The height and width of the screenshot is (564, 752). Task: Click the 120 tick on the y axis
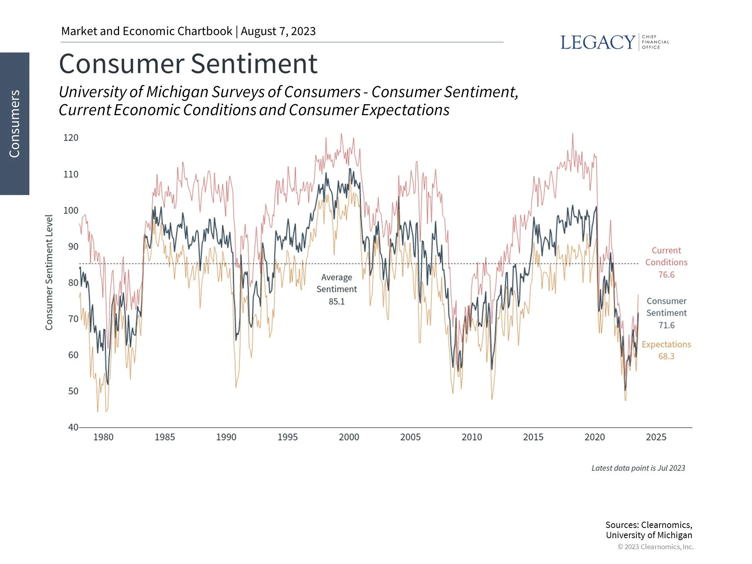click(x=71, y=138)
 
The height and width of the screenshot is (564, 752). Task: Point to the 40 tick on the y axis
click(x=73, y=427)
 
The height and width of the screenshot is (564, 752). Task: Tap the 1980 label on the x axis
click(x=103, y=437)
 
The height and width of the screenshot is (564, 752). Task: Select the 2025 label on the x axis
click(x=656, y=437)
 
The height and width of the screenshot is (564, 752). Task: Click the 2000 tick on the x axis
click(x=349, y=437)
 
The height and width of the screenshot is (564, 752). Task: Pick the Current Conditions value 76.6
click(x=666, y=275)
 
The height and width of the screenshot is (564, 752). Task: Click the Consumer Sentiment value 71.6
click(x=666, y=325)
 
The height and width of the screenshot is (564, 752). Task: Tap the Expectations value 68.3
click(x=666, y=356)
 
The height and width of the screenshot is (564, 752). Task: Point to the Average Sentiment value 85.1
click(x=336, y=302)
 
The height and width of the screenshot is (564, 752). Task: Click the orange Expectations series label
click(x=666, y=345)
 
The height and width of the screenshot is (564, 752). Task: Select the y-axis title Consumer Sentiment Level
click(x=49, y=272)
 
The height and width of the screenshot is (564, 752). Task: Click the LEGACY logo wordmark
click(x=597, y=42)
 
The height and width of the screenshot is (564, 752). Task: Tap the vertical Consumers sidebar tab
click(x=14, y=124)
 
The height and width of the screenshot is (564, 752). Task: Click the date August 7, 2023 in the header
click(x=278, y=31)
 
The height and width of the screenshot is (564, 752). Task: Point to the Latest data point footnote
click(x=638, y=468)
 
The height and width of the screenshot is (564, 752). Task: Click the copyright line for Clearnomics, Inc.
click(x=655, y=547)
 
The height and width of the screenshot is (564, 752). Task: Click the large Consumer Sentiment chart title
click(x=188, y=64)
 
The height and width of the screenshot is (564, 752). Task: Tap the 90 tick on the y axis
click(x=73, y=247)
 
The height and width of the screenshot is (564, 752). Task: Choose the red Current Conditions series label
click(x=666, y=257)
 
